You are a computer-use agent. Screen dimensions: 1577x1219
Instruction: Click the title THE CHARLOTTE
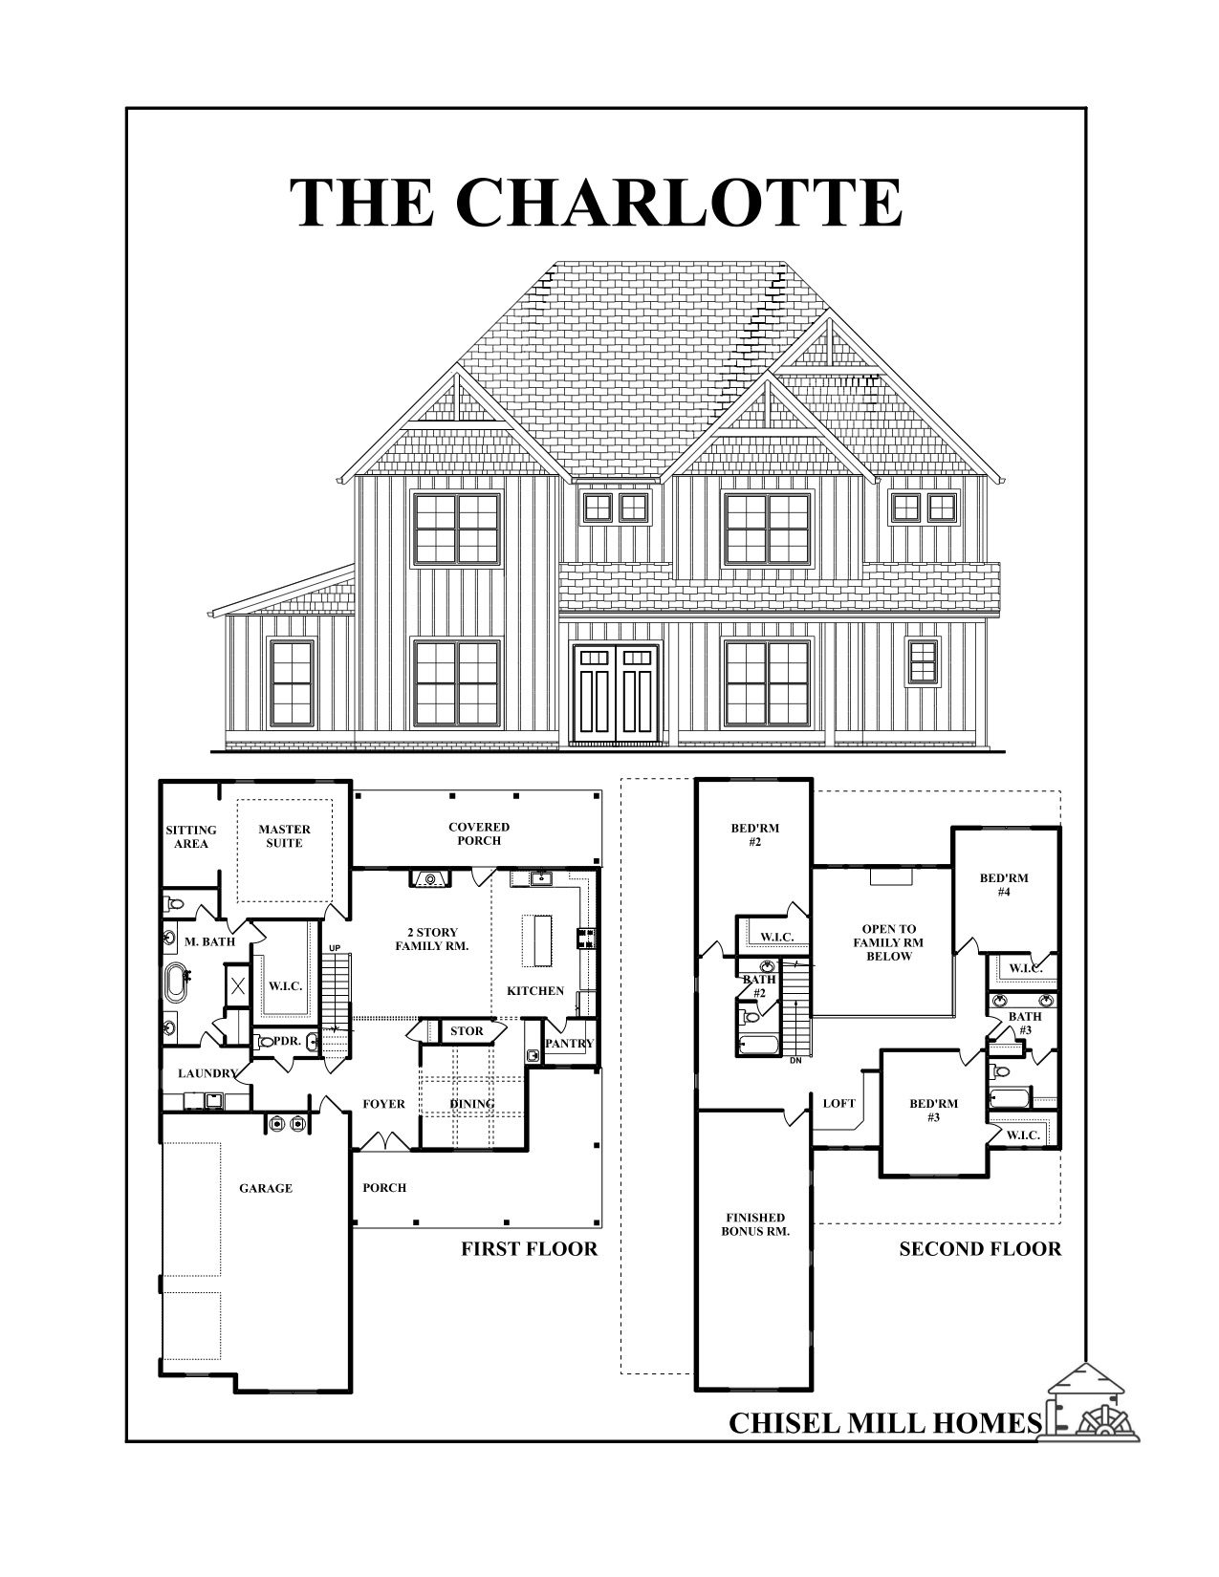click(x=596, y=202)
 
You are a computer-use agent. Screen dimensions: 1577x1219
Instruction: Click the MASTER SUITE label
click(x=284, y=836)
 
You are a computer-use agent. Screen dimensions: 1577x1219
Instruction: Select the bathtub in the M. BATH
click(x=177, y=981)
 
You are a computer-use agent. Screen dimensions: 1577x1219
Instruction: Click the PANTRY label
click(x=570, y=1044)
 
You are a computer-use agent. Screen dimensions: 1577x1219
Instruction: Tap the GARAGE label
click(x=266, y=1188)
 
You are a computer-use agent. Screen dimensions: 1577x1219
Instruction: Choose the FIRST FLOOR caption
click(x=529, y=1248)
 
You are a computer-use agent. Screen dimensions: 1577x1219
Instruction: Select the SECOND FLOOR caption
click(x=979, y=1248)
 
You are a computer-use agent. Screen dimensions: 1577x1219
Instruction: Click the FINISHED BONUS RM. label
click(x=755, y=1224)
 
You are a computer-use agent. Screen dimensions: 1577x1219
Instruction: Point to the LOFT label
click(x=838, y=1103)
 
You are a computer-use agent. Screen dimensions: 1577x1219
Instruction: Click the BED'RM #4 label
click(x=1004, y=885)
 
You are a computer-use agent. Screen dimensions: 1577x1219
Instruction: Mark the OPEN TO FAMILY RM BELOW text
click(x=888, y=942)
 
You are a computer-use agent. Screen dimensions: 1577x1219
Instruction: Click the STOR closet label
click(x=467, y=1031)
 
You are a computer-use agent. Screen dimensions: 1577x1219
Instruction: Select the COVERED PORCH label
click(x=479, y=833)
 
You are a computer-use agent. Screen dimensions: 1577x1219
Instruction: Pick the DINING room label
click(x=472, y=1104)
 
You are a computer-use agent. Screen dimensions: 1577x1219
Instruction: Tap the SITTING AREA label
click(x=191, y=836)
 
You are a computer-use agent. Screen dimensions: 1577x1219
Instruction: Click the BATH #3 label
click(x=1025, y=1023)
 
